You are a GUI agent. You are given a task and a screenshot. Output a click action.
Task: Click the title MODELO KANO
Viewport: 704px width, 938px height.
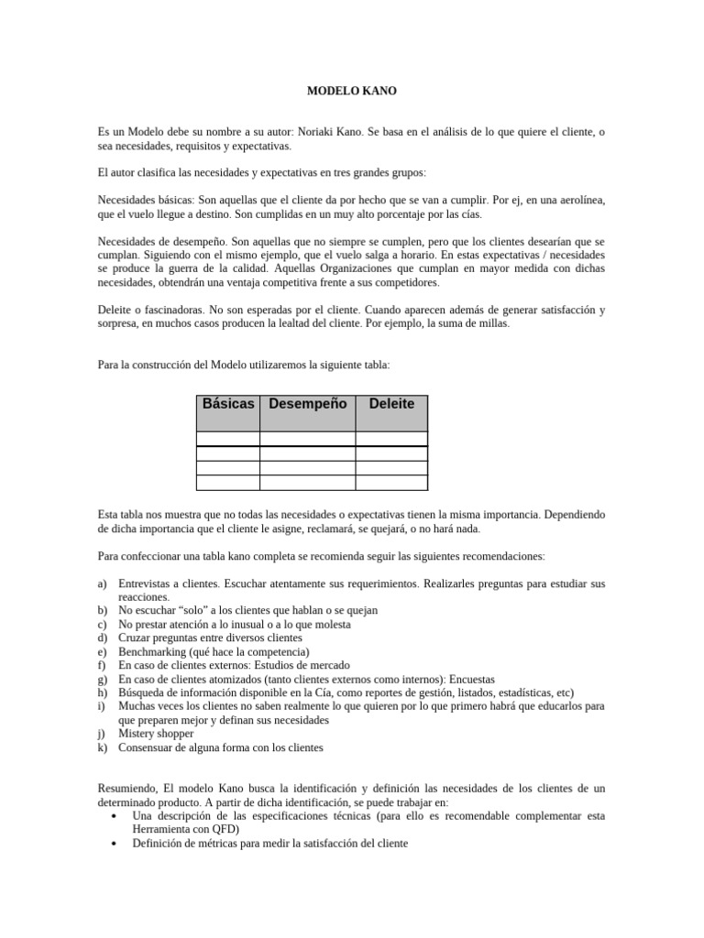point(351,92)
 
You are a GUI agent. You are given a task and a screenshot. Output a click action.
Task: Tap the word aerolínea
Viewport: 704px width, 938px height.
point(578,200)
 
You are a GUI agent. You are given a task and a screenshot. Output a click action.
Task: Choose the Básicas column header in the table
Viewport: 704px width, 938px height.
point(228,404)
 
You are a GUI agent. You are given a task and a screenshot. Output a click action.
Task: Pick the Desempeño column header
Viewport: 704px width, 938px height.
point(308,404)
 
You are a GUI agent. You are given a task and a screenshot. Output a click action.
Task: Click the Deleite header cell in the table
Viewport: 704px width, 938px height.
point(391,404)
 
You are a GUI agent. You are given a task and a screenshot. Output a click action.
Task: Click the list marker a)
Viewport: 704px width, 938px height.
point(103,584)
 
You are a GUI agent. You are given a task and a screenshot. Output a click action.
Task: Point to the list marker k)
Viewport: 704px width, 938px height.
point(103,747)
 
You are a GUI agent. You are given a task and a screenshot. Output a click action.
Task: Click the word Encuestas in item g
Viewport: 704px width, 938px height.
point(466,679)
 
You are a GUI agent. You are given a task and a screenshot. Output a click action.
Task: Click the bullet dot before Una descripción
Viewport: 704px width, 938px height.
point(113,815)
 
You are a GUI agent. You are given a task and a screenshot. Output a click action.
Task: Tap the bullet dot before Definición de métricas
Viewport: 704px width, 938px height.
point(113,843)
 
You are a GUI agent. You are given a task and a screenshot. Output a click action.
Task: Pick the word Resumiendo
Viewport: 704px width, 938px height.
point(129,788)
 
